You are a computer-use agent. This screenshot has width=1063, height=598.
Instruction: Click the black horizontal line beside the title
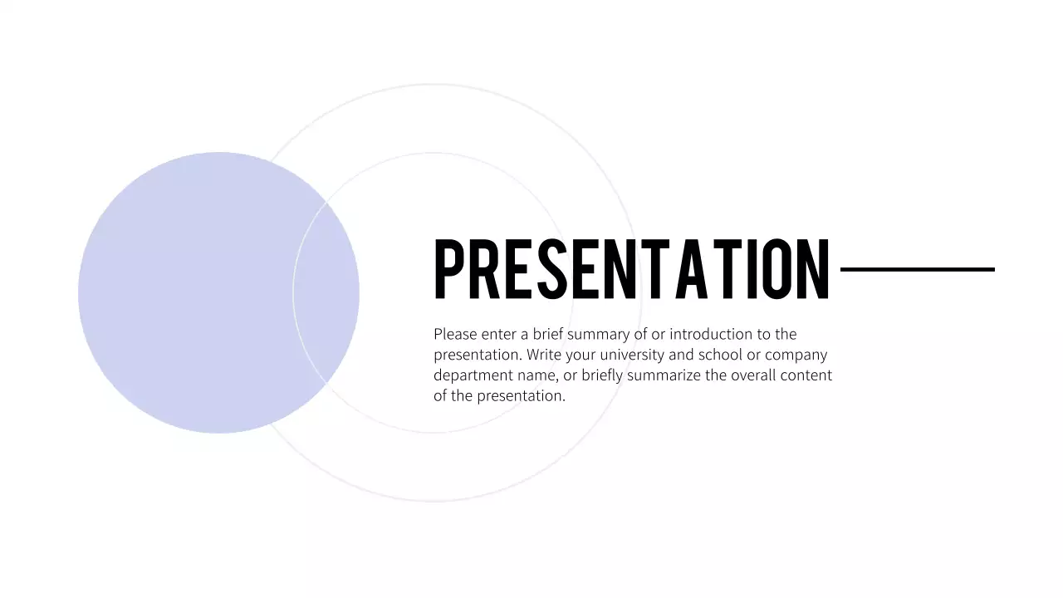[917, 269]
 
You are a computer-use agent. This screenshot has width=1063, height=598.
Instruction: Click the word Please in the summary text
[455, 334]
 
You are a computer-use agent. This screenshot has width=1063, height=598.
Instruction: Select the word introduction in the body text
[710, 334]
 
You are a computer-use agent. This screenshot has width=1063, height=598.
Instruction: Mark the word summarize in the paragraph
[664, 375]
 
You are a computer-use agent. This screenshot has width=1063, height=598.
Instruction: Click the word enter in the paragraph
[498, 334]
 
